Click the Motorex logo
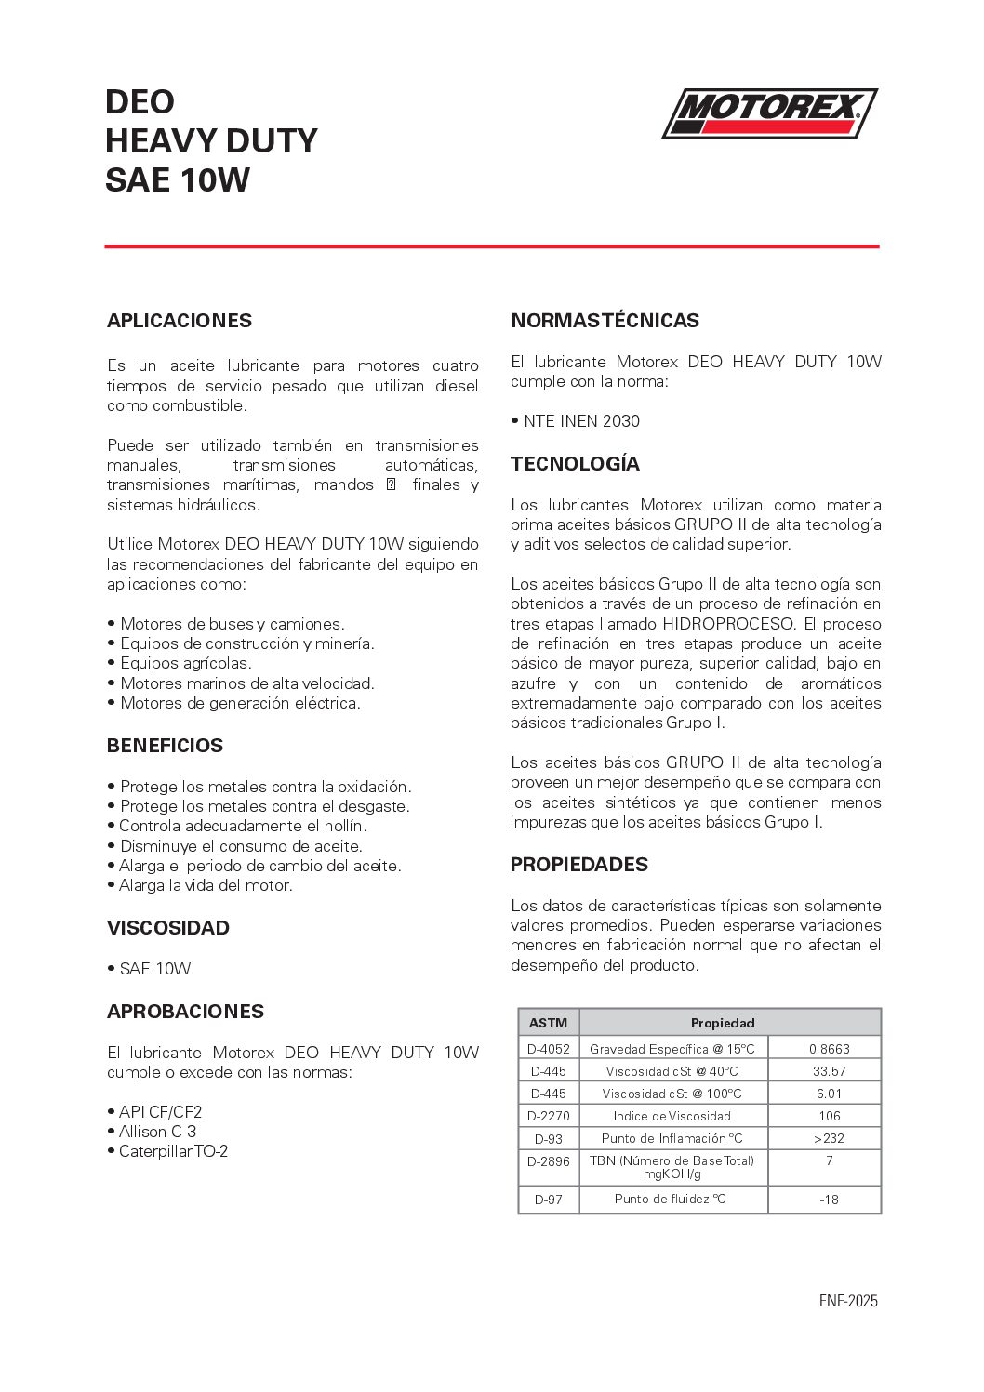coord(769,113)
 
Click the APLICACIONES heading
coord(180,321)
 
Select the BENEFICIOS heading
coord(165,746)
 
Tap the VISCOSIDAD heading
coord(168,928)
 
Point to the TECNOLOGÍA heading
coord(575,464)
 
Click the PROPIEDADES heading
coord(578,865)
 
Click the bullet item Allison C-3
coord(157,1132)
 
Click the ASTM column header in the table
coord(548,1023)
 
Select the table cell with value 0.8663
coord(829,1049)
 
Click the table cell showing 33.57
coord(829,1071)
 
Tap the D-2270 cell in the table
coord(548,1116)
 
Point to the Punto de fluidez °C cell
coord(671,1200)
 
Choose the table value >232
coord(829,1139)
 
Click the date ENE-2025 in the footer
coord(847,1301)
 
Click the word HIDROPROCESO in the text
coord(728,624)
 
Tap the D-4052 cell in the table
coord(548,1049)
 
